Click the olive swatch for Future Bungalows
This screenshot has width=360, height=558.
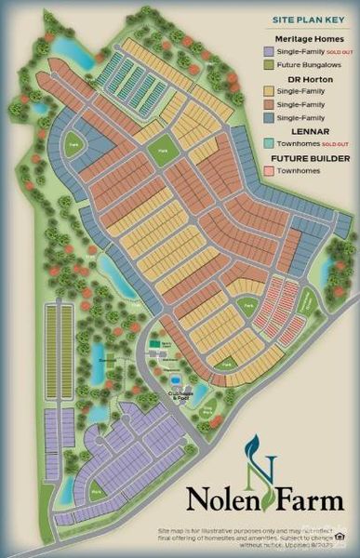click(269, 65)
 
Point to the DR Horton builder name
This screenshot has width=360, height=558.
click(306, 79)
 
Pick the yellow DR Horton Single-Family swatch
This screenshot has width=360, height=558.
click(269, 92)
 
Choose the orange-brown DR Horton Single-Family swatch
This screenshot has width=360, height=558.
click(269, 105)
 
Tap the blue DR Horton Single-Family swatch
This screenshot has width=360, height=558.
click(269, 118)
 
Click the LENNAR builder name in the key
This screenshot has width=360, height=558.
click(306, 131)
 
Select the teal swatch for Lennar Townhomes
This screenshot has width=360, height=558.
click(269, 144)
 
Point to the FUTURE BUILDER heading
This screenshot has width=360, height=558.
click(306, 158)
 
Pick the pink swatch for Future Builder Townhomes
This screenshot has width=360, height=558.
click(269, 171)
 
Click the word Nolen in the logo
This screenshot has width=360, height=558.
click(220, 500)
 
